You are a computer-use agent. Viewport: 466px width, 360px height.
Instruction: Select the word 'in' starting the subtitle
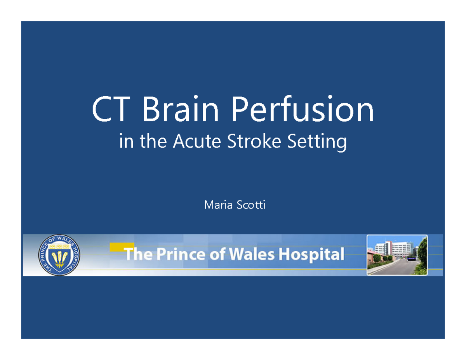(x=125, y=142)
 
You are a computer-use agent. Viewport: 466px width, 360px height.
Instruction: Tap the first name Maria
(x=217, y=205)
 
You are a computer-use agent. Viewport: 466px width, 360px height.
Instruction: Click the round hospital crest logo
(x=59, y=255)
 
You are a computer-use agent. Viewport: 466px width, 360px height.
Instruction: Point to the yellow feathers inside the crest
(x=59, y=258)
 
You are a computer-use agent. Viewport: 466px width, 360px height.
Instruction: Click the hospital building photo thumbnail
(x=397, y=255)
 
